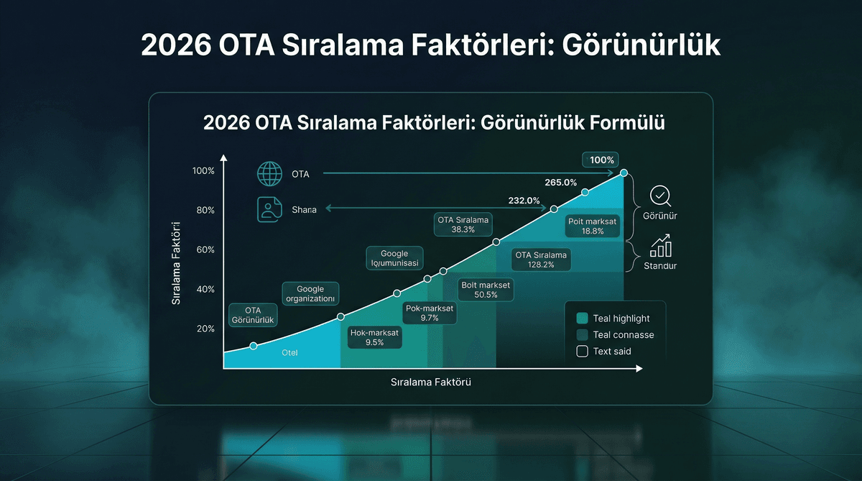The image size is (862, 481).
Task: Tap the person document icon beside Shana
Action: pos(267,209)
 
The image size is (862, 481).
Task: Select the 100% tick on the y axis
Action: pos(203,171)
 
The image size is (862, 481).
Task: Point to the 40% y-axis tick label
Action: pos(205,289)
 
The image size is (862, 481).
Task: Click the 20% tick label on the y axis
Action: pos(205,329)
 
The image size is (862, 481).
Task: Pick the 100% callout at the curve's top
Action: pos(602,160)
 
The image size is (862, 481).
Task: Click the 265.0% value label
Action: pos(560,183)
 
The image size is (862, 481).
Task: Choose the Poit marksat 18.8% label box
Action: pos(593,226)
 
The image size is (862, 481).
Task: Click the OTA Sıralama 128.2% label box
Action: pos(541,260)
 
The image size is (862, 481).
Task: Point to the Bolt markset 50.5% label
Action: pos(486,290)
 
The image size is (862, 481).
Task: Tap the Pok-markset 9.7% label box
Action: pos(430,313)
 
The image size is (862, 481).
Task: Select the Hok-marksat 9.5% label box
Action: pos(375,337)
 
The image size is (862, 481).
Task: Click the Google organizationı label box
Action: pos(310,293)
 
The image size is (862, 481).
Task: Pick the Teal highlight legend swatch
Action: pos(582,319)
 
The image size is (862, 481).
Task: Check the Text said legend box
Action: pos(582,352)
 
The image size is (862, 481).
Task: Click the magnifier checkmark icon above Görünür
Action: pos(659,196)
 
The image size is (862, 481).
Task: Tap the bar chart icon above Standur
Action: pos(660,247)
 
